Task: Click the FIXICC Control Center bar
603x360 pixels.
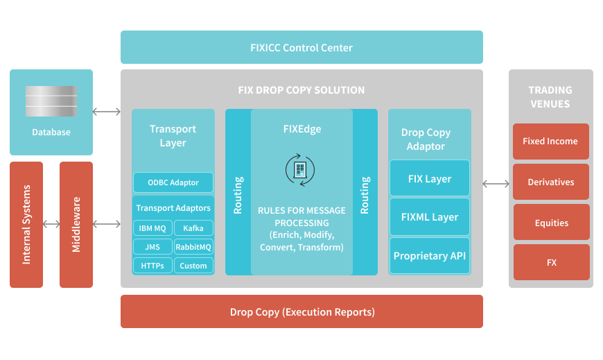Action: (301, 48)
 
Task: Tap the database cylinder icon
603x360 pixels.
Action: (51, 101)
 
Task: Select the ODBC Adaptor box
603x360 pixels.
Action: (173, 182)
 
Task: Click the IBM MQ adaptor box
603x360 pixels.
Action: (152, 228)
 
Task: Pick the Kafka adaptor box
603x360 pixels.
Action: (193, 228)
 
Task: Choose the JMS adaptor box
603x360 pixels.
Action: (152, 246)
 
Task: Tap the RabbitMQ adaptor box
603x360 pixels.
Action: (193, 246)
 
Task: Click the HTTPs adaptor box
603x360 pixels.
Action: (152, 265)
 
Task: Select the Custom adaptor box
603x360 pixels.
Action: (193, 265)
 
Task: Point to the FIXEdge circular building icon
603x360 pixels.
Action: (300, 169)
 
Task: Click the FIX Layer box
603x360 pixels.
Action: (429, 179)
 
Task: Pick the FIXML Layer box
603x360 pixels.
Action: (429, 217)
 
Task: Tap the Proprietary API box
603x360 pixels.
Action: (429, 256)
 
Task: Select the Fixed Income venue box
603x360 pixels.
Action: (550, 142)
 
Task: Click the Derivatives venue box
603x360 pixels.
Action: (550, 182)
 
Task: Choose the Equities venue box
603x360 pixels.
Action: (551, 223)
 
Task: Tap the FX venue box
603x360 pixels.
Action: (551, 263)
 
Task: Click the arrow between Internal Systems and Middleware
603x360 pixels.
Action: (51, 224)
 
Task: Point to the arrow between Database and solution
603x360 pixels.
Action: (107, 111)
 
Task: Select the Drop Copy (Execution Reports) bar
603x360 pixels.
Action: (301, 311)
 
